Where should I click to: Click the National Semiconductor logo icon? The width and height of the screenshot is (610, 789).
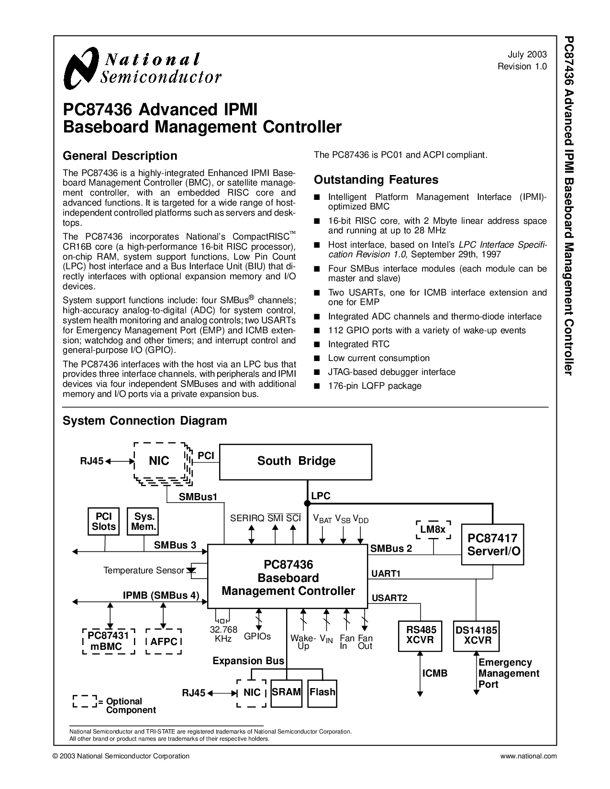pos(81,68)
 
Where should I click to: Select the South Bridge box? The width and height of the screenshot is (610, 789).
pos(295,462)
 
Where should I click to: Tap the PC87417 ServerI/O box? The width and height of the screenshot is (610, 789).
pos(492,544)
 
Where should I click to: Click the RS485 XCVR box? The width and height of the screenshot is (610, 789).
pos(420,636)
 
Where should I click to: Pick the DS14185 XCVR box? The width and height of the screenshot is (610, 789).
pos(476,636)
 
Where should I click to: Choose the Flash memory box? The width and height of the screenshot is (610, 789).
pos(322,693)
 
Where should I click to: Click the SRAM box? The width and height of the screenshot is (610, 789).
pos(286,693)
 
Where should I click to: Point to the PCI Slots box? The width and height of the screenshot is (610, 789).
pos(103,521)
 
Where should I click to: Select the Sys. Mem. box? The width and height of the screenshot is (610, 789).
pos(143,521)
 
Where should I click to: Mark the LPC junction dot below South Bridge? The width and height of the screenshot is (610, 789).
pos(307,503)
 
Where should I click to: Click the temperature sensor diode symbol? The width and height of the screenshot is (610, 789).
pos(191,570)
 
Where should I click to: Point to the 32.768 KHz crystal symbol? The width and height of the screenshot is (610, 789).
pos(223,621)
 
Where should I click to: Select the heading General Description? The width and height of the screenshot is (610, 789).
pos(120,156)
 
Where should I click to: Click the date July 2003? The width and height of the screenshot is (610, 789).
pos(527,55)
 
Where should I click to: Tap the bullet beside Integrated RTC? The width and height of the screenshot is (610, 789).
pos(317,344)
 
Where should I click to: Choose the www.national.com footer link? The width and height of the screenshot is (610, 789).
pos(528,756)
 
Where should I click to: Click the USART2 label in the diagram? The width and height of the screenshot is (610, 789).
pos(389,598)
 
